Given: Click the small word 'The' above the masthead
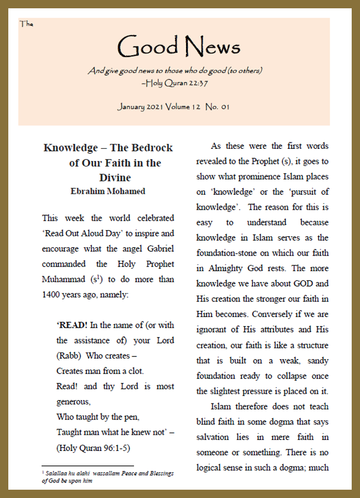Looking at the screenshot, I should pos(26,24).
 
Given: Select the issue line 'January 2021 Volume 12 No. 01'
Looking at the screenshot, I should pos(173,107).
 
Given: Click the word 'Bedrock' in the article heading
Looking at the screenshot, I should pos(151,148).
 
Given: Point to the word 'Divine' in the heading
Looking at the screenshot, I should pos(115,178).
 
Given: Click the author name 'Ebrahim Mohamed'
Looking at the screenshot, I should pos(107,191).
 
